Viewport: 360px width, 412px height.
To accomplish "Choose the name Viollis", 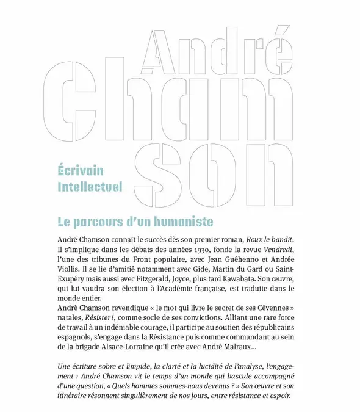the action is pyautogui.click(x=71, y=272).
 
